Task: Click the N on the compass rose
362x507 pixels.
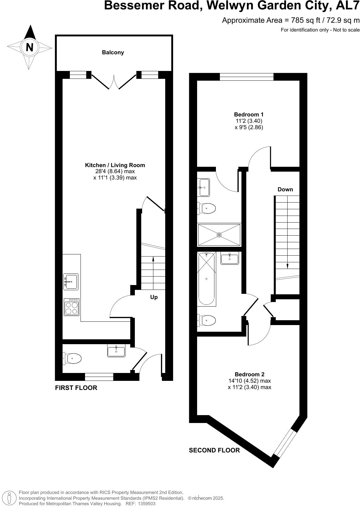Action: tap(29, 47)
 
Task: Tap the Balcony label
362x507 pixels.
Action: tap(113, 52)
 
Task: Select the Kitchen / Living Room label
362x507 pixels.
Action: tap(115, 165)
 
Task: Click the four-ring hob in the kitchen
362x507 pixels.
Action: tap(71, 307)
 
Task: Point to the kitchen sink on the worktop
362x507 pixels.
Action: tap(71, 282)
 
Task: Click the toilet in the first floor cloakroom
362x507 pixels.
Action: tap(73, 358)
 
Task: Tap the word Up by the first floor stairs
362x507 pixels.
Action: tap(154, 297)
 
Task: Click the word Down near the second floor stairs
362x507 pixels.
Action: tap(285, 190)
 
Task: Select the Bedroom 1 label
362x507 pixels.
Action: tap(249, 115)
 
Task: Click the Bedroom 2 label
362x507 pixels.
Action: tap(249, 374)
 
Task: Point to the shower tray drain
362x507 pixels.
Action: tap(219, 235)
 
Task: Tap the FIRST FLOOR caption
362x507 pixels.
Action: tap(76, 388)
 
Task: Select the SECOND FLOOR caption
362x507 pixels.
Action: tap(214, 450)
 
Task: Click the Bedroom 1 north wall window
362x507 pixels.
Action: tap(246, 77)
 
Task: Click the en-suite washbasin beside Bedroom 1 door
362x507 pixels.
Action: tap(204, 187)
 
